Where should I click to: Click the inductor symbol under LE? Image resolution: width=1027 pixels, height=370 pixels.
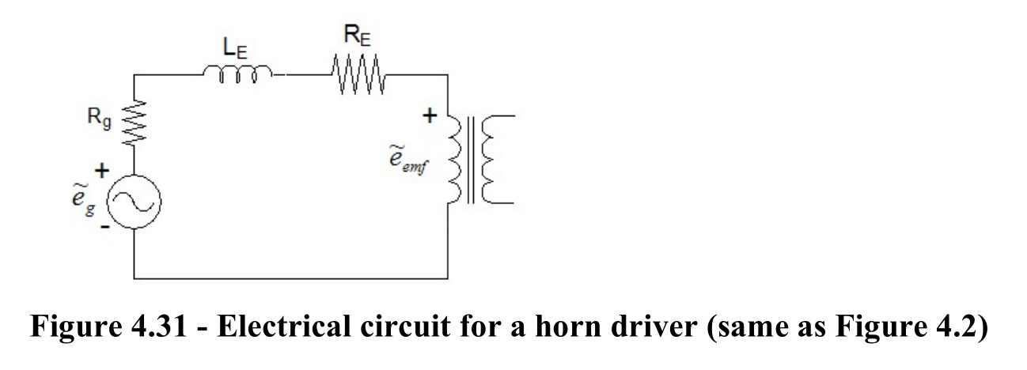(237, 74)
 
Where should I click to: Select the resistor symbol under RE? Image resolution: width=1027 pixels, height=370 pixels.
(358, 74)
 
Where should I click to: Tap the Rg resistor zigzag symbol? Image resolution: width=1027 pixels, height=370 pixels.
(134, 123)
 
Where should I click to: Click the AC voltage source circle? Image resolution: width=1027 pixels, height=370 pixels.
(134, 201)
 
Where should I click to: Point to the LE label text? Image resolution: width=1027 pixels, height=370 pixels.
(235, 48)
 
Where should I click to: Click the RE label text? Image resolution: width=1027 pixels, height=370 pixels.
(357, 35)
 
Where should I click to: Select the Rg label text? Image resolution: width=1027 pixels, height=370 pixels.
(99, 118)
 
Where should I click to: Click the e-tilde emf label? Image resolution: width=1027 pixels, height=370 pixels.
(408, 160)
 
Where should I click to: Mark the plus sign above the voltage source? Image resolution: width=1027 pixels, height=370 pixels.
(102, 171)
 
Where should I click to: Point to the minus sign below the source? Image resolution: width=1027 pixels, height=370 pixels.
(105, 226)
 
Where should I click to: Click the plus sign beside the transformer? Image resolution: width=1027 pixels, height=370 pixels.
(429, 116)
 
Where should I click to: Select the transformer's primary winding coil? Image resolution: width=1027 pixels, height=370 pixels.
(454, 159)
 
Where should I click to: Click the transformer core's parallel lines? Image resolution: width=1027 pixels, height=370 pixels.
(471, 160)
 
